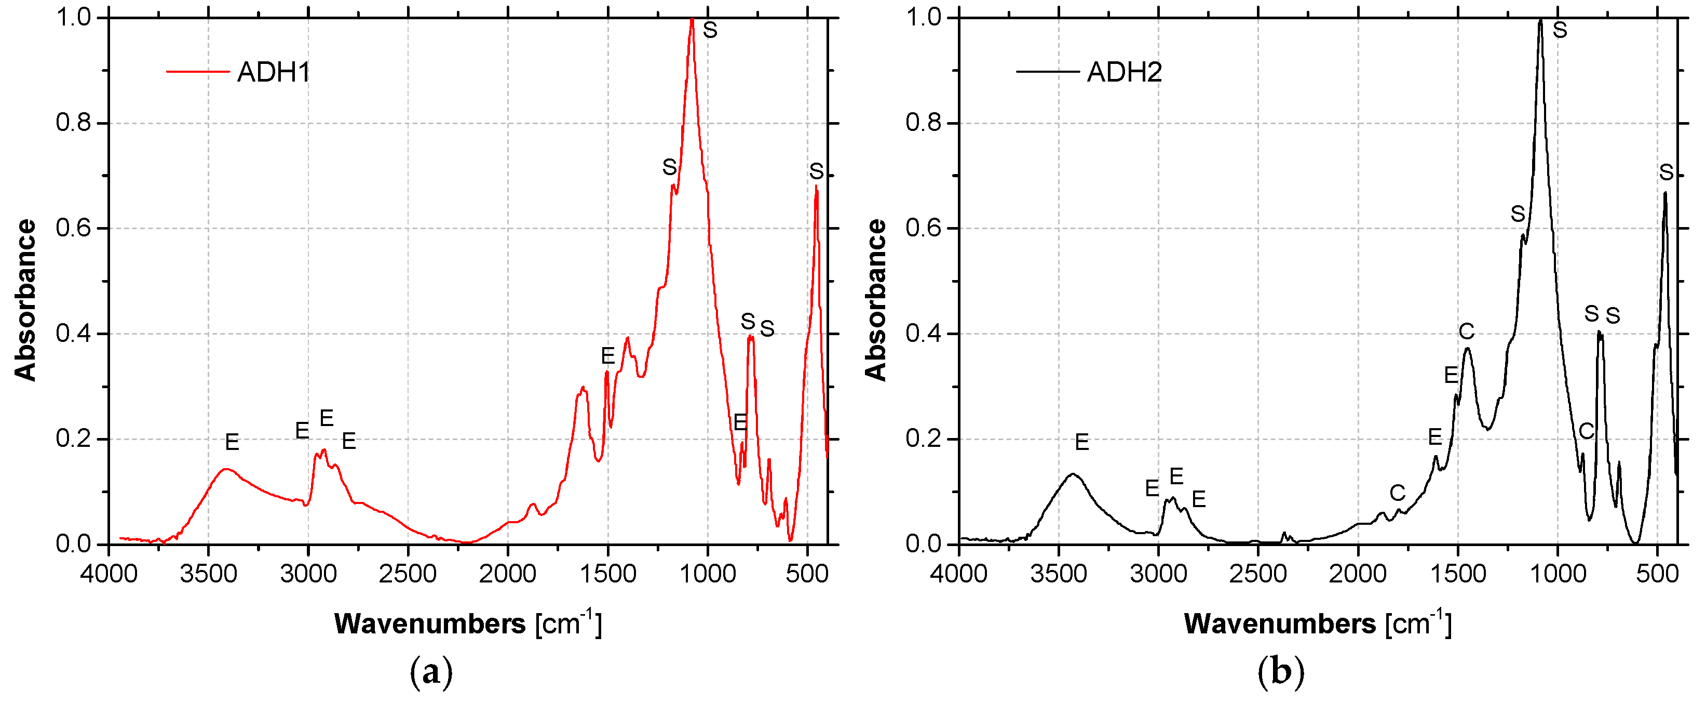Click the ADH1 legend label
tap(274, 72)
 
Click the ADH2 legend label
tap(1124, 72)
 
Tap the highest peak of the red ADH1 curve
tap(692, 20)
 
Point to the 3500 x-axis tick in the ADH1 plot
tap(209, 573)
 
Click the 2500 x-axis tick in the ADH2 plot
tap(1257, 573)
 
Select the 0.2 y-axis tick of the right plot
tap(923, 439)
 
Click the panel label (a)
tap(431, 672)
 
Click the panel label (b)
tap(1280, 672)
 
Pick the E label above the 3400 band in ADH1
tap(232, 442)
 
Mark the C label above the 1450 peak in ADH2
tap(1466, 330)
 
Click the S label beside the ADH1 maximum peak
tap(710, 30)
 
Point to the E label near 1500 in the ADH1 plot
tap(607, 356)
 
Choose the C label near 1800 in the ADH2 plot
tap(1397, 492)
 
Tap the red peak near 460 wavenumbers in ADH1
tap(816, 188)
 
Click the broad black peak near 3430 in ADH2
tap(1072, 474)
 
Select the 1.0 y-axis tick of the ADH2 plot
tap(923, 17)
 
